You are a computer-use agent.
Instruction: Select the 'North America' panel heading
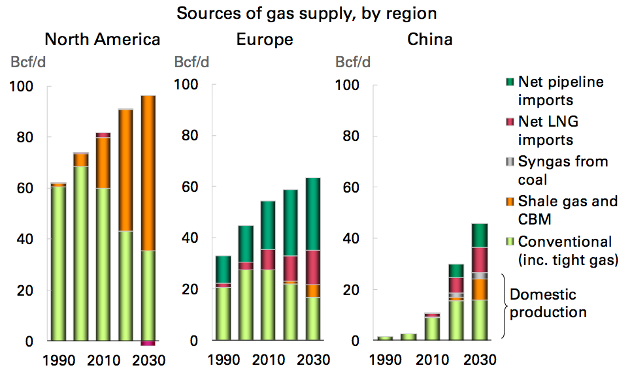click(102, 39)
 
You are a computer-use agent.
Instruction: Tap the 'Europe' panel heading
click(265, 39)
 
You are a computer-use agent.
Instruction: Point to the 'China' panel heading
click(429, 39)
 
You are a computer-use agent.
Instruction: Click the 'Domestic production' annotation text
click(548, 303)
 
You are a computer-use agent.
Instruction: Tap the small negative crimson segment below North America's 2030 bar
click(148, 343)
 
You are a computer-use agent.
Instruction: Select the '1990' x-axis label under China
click(385, 360)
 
